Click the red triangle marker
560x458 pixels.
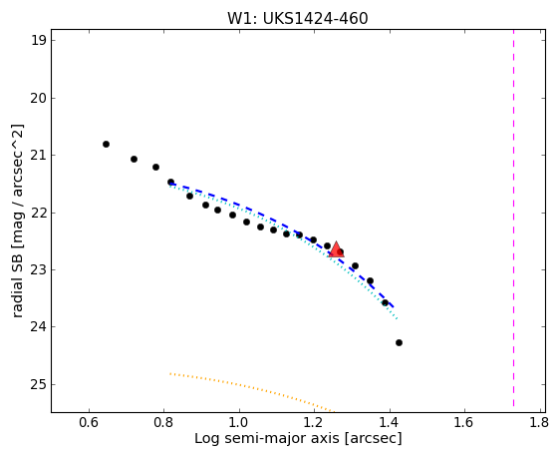(x=336, y=249)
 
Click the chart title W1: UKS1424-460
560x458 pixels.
(x=298, y=19)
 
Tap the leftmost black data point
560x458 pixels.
(x=106, y=144)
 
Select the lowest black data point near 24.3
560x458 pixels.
(x=399, y=342)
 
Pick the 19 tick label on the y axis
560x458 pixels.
(x=38, y=40)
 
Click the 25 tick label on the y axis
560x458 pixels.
(x=38, y=385)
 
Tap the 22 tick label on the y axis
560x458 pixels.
(x=38, y=213)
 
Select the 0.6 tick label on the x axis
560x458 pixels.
(x=89, y=423)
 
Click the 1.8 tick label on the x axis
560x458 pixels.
(x=538, y=423)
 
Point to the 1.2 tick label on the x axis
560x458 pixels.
(x=314, y=423)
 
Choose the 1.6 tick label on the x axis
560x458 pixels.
(x=463, y=423)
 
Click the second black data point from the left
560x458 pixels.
(x=134, y=159)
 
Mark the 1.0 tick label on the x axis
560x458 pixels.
(x=239, y=423)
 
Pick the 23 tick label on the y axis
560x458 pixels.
(x=38, y=270)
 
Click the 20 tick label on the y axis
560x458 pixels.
(x=38, y=98)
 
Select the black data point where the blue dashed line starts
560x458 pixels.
(x=170, y=182)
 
